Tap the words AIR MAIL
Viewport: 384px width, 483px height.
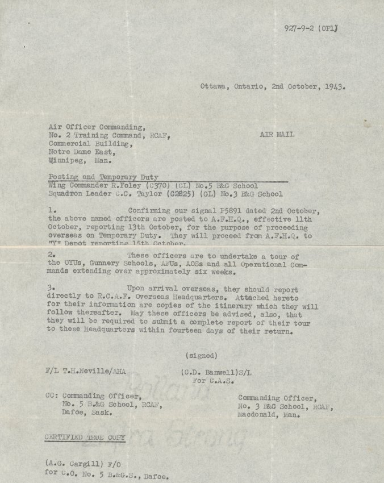tap(277, 136)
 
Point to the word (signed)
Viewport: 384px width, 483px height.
tap(201, 356)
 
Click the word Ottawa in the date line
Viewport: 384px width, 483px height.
tap(214, 88)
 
